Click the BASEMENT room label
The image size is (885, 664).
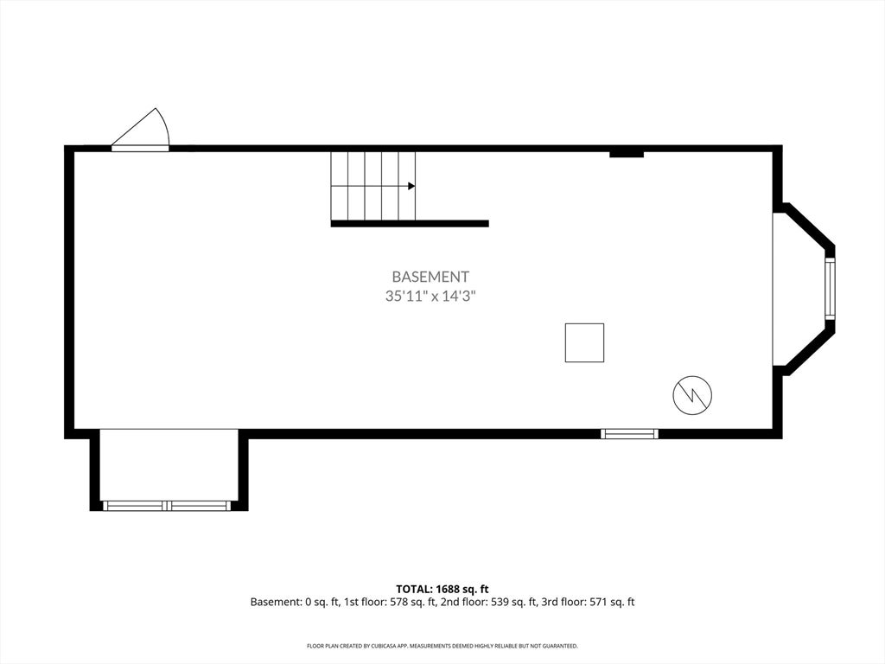[430, 277]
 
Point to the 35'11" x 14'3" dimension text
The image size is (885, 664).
[430, 296]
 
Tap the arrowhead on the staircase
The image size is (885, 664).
[412, 186]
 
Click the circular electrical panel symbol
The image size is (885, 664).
[692, 395]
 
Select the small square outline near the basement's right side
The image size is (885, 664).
[585, 342]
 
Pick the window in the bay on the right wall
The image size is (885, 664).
[830, 289]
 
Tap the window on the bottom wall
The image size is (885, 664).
[629, 434]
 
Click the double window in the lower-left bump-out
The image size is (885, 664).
[166, 505]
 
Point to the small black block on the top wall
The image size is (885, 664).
[627, 154]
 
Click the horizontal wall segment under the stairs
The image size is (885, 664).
[410, 224]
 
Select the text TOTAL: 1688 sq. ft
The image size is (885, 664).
[442, 590]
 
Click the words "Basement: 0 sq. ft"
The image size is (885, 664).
[294, 602]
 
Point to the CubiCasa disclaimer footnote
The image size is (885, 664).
[442, 645]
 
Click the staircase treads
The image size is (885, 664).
[373, 186]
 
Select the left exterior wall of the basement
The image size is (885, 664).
[69, 292]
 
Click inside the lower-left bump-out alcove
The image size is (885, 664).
[169, 464]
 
